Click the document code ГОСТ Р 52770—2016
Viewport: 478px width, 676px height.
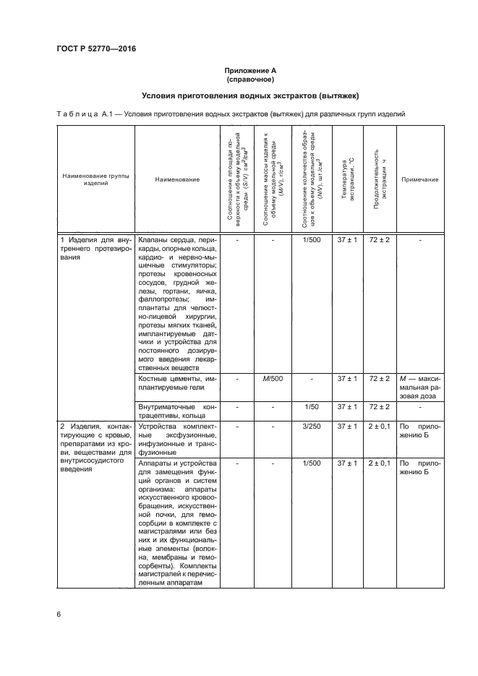(x=96, y=49)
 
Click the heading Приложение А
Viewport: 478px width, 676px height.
(x=249, y=70)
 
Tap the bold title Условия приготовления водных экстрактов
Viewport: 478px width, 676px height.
(x=249, y=95)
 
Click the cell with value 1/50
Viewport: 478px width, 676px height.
(x=312, y=407)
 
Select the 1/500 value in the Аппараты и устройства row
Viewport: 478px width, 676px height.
(x=312, y=463)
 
